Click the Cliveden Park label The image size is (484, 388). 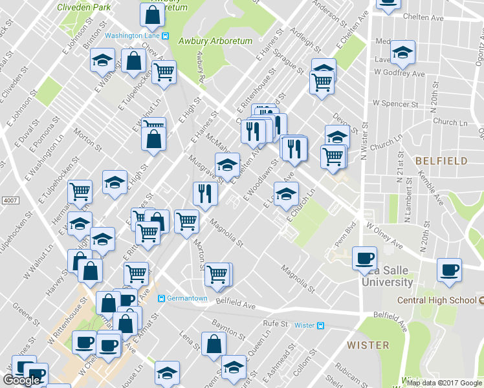tap(82, 8)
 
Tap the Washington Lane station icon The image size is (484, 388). tap(166, 36)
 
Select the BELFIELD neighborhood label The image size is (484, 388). tap(441, 160)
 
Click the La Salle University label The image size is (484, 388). tap(387, 276)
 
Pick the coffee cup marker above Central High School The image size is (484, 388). tap(449, 270)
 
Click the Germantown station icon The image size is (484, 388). tap(162, 298)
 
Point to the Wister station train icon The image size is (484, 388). tap(320, 325)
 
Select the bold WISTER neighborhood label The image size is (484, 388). tap(368, 345)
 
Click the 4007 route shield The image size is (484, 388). tap(9, 200)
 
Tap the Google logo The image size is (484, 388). tap(21, 380)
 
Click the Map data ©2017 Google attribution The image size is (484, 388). tap(444, 383)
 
